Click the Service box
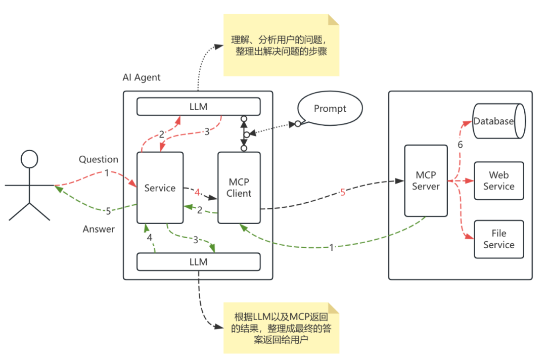coord(160,188)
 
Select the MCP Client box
coord(239,188)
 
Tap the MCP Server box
coord(426,181)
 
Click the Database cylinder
coord(498,121)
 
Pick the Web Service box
coord(498,181)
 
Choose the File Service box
coord(498,239)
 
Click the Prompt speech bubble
coord(330,109)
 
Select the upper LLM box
coord(198,107)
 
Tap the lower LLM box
coord(198,262)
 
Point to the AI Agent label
coord(142,77)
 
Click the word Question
coord(99,159)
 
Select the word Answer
coord(99,229)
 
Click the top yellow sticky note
coord(281,46)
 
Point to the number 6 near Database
coord(460,145)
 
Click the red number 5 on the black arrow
coord(343,193)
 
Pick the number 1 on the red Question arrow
coord(107,173)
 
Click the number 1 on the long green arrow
coord(332,248)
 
